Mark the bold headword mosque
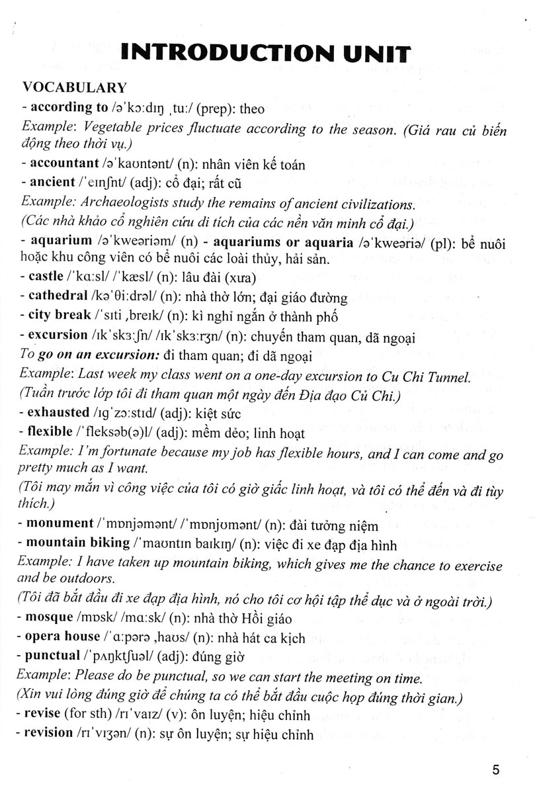51,619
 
